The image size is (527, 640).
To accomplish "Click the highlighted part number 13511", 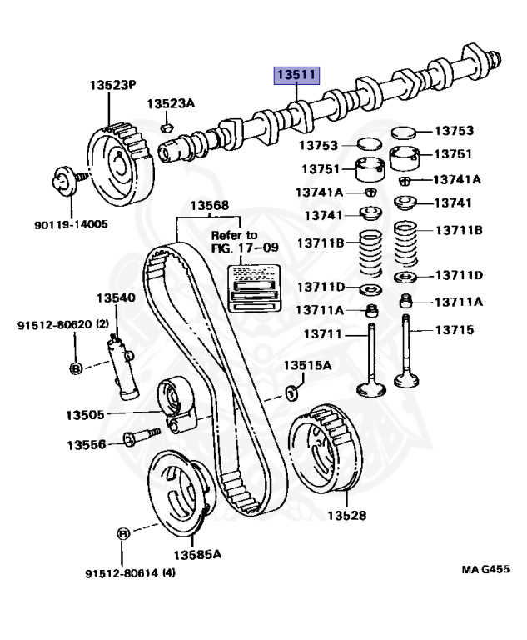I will click(x=296, y=76).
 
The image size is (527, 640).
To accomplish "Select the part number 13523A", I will click(x=171, y=104).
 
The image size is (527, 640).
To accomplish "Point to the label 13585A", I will click(x=197, y=554).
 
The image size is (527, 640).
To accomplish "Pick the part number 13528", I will click(x=346, y=516).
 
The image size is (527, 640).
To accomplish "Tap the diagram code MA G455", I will click(x=485, y=569).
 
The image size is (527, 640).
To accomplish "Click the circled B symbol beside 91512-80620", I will click(x=75, y=367).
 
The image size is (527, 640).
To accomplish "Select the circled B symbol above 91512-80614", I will click(x=122, y=532).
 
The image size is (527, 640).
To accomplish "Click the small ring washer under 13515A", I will click(x=292, y=392).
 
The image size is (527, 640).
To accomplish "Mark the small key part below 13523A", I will click(x=166, y=127).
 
